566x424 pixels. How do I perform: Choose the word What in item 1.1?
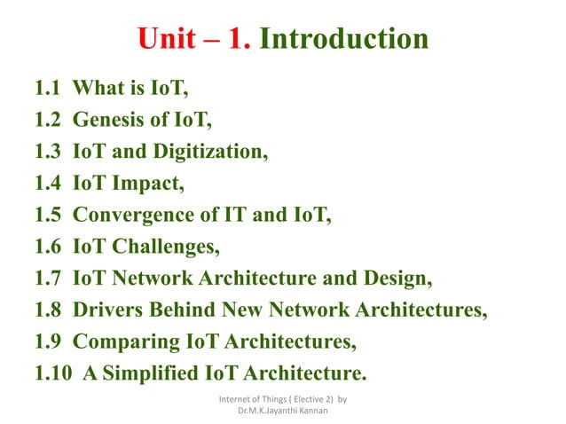97,89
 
